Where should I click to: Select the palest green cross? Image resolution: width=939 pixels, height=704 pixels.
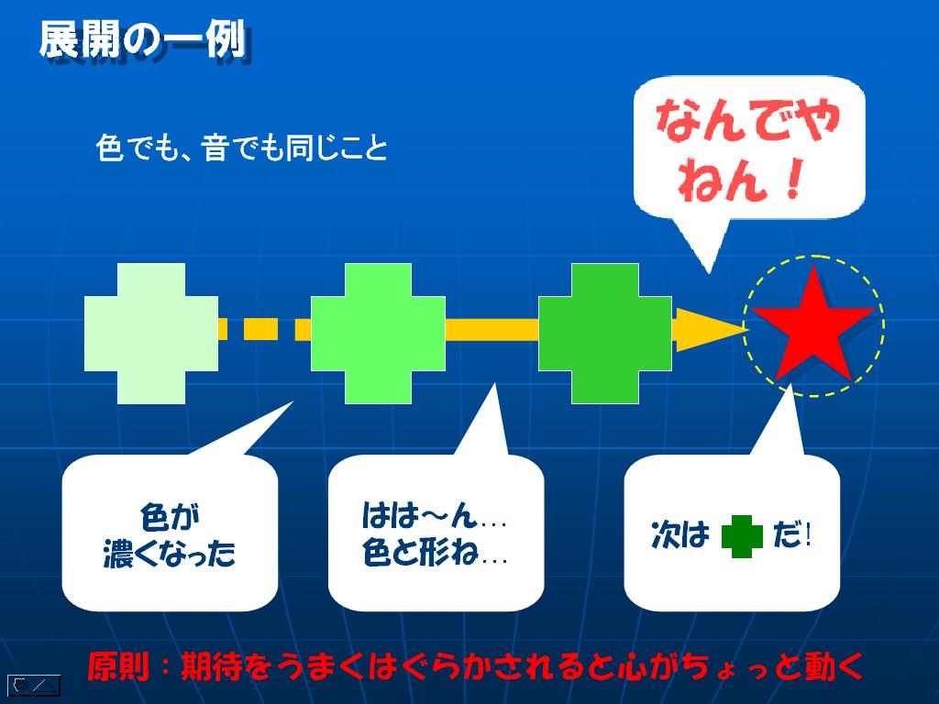tap(151, 334)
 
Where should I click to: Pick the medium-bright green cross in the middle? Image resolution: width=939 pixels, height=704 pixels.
tap(378, 334)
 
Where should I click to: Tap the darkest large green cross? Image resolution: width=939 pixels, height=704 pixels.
tap(605, 334)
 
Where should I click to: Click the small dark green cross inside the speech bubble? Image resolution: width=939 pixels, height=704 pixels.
tap(742, 536)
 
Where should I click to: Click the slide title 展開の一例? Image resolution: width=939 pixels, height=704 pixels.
tap(143, 40)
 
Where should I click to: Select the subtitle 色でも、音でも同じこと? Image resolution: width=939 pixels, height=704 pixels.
tap(241, 148)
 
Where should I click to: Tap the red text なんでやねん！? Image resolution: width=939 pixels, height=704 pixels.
tap(748, 149)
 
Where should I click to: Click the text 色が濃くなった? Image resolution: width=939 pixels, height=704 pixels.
tap(170, 534)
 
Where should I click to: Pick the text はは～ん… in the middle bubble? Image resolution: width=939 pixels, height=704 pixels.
tap(434, 515)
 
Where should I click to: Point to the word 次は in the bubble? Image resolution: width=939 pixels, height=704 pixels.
tap(679, 534)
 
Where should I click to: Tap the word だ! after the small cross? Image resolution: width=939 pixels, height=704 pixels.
tap(791, 534)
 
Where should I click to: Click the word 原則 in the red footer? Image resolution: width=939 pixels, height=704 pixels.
tap(118, 666)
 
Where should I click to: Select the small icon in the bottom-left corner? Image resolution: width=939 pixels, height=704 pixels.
tap(34, 686)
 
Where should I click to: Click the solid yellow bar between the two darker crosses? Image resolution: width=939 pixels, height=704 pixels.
tap(492, 330)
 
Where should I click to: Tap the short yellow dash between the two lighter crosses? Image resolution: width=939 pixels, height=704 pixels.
tap(260, 329)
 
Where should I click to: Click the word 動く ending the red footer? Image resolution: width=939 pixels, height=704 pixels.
tap(834, 666)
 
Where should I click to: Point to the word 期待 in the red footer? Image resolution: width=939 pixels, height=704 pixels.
tap(212, 666)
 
